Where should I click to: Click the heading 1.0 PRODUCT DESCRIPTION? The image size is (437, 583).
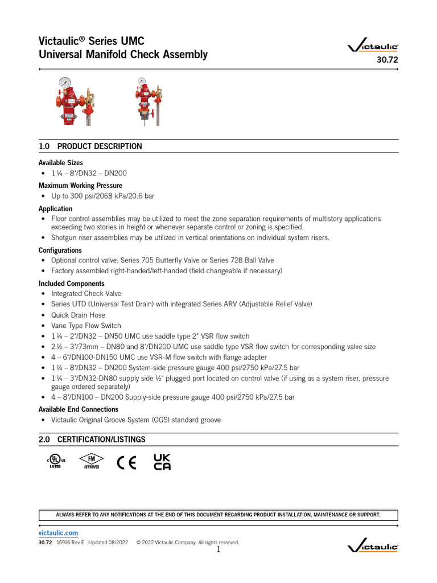(x=90, y=146)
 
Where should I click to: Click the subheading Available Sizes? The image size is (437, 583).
(x=61, y=163)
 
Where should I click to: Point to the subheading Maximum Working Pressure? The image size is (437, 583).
(x=80, y=185)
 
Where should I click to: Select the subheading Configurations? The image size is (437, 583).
(x=60, y=250)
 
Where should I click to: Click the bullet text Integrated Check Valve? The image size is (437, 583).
(x=86, y=294)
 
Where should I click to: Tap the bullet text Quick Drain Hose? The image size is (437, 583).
(x=78, y=315)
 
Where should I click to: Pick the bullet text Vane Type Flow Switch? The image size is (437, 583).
(x=86, y=326)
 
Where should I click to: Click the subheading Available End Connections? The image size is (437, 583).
(x=79, y=409)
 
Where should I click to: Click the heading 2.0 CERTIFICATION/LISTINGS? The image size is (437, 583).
(x=92, y=440)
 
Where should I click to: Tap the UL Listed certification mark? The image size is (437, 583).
(x=56, y=461)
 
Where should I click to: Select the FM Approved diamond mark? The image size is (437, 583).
(x=91, y=461)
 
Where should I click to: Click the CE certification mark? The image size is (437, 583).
(x=126, y=462)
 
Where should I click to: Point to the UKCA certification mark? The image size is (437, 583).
(x=162, y=462)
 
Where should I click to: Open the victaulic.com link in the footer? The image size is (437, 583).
(x=59, y=532)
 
